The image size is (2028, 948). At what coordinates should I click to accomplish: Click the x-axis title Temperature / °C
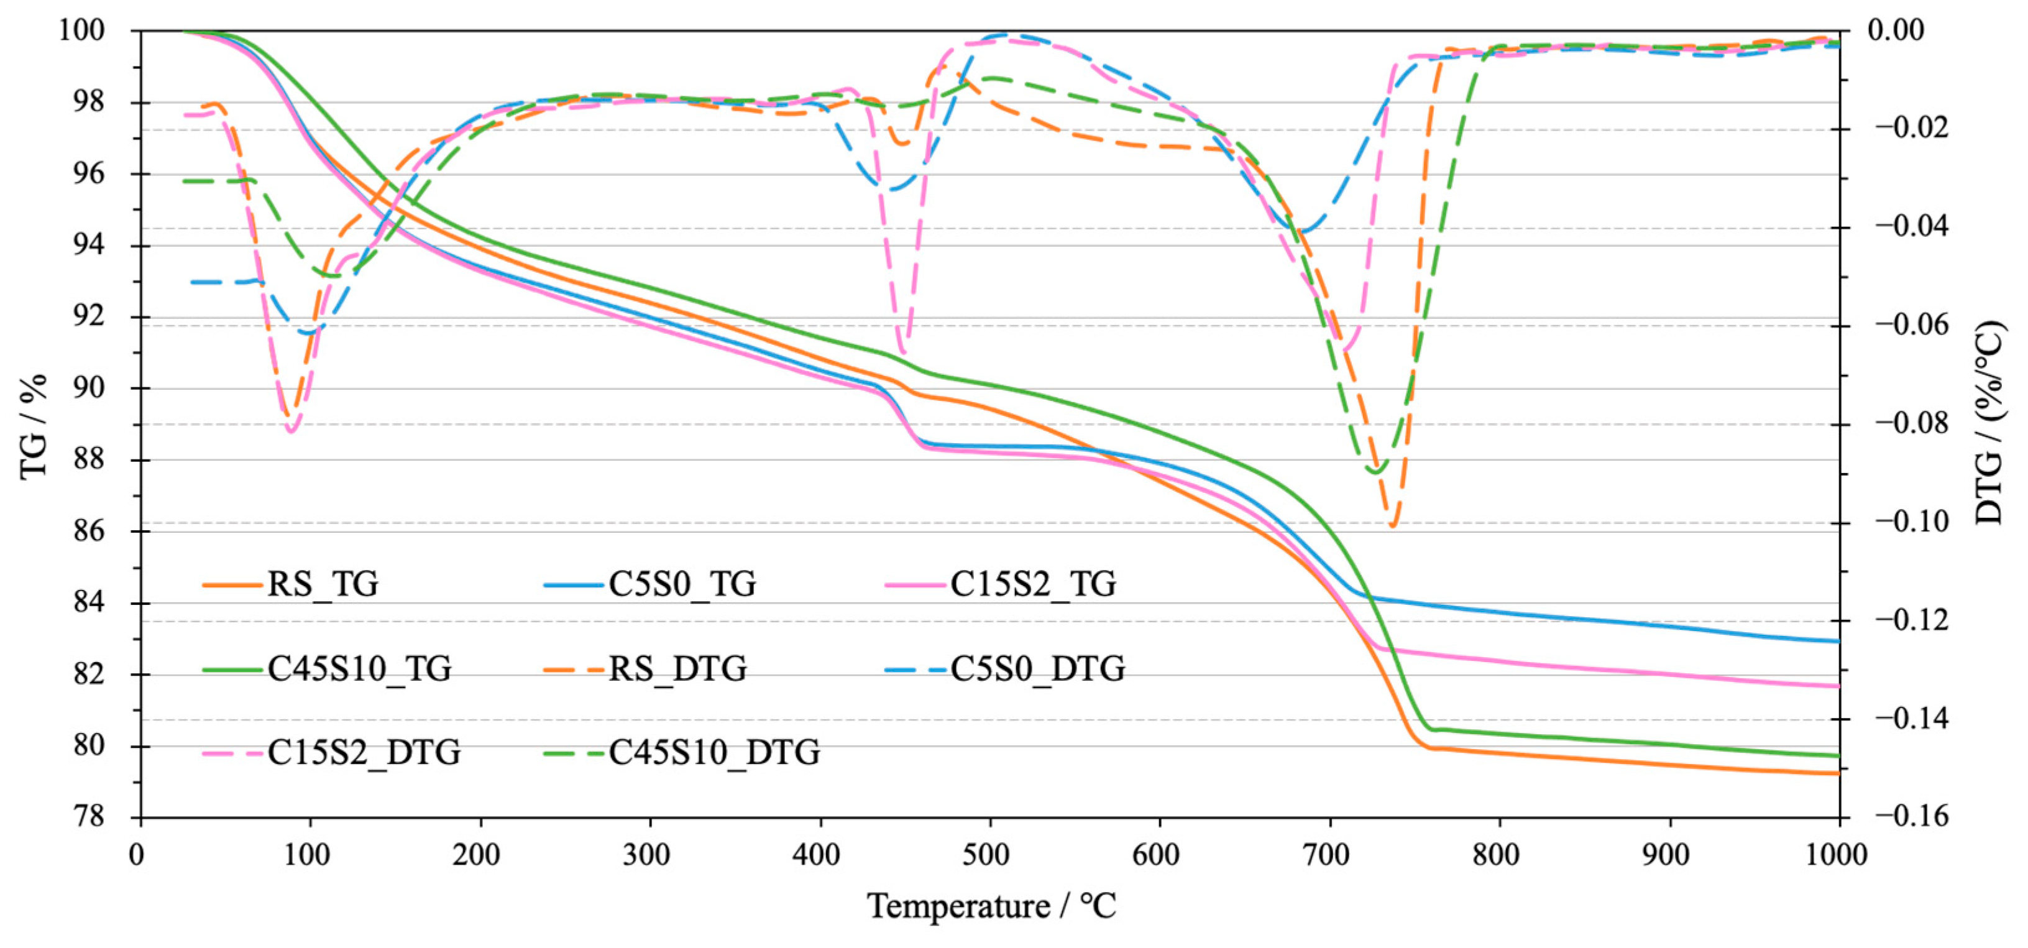(992, 906)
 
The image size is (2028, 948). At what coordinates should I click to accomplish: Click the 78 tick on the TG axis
(89, 817)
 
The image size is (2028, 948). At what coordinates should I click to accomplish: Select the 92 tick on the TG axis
(89, 317)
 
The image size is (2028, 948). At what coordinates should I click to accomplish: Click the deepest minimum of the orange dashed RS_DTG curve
(1393, 525)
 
